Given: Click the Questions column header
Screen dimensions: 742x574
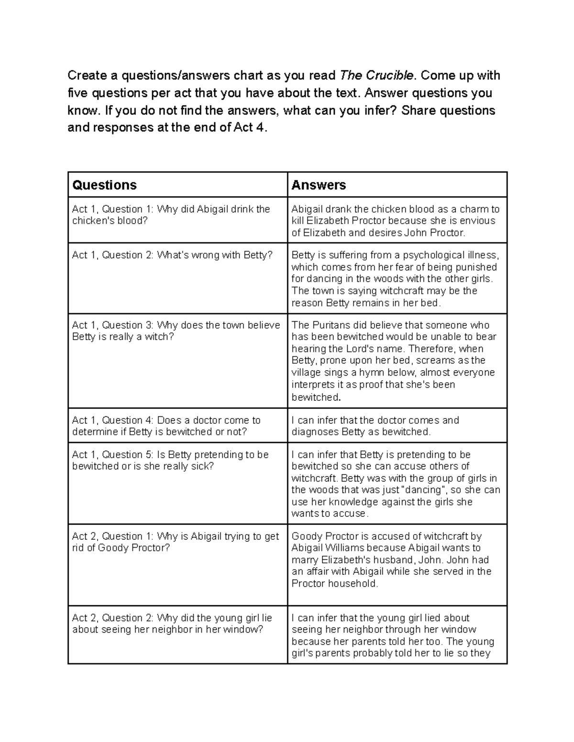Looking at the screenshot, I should click(x=104, y=185).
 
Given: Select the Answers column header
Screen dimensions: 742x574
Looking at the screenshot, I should click(x=319, y=185).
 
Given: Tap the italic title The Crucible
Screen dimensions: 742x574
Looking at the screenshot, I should click(x=376, y=75).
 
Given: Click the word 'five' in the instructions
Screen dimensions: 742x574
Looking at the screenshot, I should click(x=77, y=93).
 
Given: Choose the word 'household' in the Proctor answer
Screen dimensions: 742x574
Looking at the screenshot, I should click(x=355, y=584).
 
